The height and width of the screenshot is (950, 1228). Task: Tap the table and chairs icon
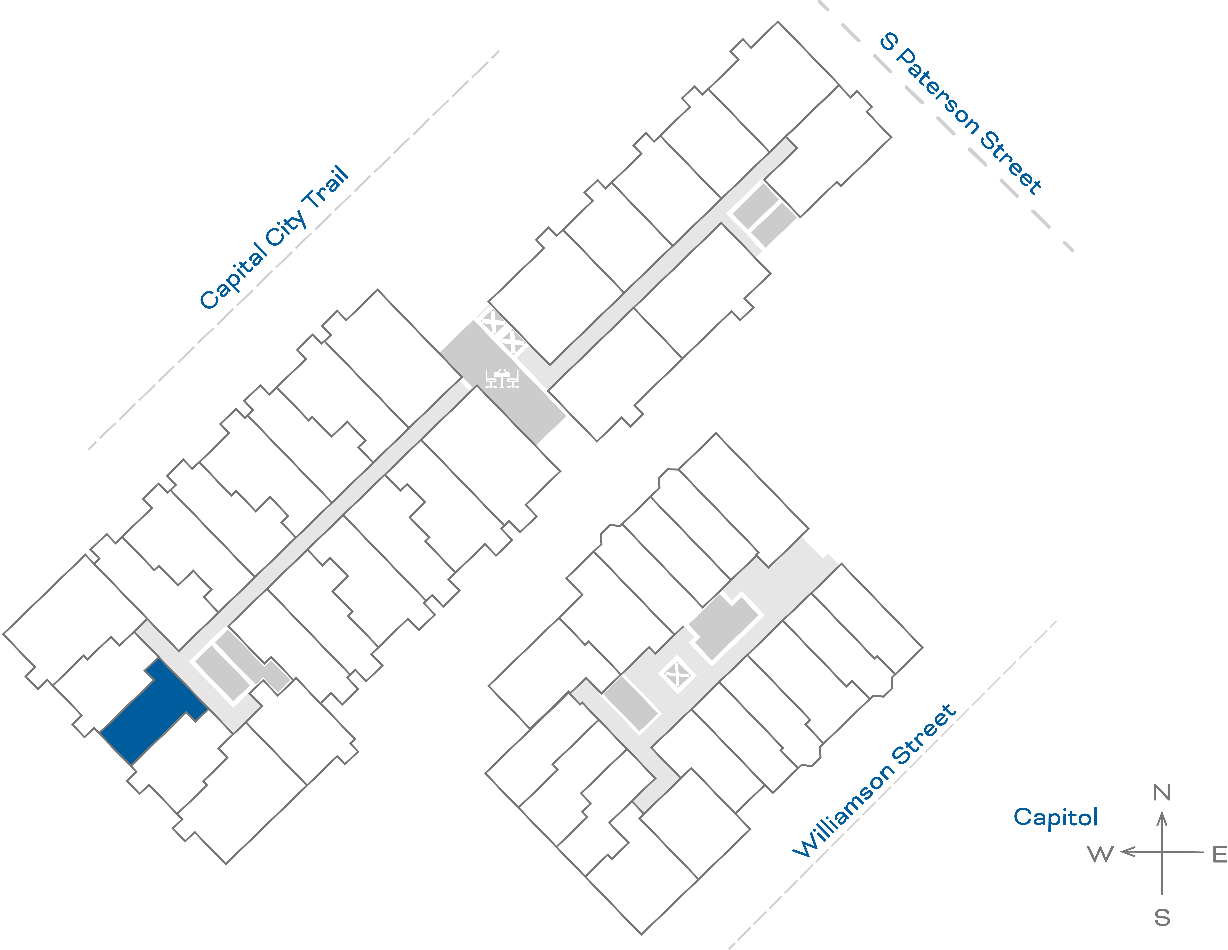(x=501, y=378)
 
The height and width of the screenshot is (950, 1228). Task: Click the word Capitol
(x=1055, y=817)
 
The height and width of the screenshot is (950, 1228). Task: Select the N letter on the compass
(x=1162, y=793)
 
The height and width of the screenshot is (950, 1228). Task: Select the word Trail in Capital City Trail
(x=326, y=188)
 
